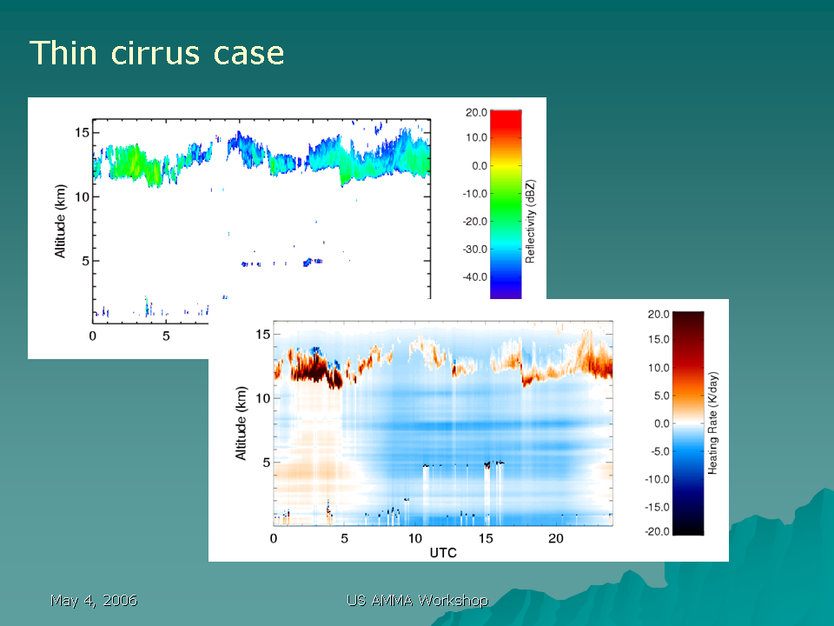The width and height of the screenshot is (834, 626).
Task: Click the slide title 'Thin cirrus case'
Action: [x=157, y=53]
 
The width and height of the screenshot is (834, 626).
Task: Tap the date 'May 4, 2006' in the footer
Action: [x=94, y=601]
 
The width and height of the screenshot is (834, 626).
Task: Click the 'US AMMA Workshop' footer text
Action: [x=418, y=601]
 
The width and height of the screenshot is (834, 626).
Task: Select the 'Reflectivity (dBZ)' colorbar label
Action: [x=530, y=221]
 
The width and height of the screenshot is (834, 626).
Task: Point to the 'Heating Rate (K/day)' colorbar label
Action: [x=712, y=423]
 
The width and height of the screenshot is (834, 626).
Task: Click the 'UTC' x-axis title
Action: [x=443, y=553]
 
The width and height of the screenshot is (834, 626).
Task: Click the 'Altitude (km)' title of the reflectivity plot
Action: [x=60, y=221]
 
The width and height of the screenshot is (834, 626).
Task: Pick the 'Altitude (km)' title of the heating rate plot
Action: [x=241, y=423]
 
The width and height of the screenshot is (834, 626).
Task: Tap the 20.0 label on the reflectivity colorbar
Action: [x=476, y=112]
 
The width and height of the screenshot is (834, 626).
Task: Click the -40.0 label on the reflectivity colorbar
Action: [x=474, y=276]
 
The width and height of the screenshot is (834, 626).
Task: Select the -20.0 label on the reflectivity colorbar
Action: [x=474, y=222]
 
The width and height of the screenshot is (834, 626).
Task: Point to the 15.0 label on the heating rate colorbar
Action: [x=658, y=339]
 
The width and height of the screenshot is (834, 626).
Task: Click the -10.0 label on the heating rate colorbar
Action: [x=657, y=479]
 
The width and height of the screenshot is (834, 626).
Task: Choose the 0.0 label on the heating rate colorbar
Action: [x=661, y=423]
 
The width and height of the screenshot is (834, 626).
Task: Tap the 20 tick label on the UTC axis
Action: [x=556, y=539]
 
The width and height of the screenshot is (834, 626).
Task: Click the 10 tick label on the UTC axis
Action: [x=415, y=539]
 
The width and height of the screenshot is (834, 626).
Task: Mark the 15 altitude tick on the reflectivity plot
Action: [x=82, y=132]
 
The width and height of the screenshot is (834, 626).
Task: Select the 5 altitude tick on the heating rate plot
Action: [x=267, y=463]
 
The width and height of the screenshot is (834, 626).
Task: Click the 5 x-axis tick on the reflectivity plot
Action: [x=166, y=336]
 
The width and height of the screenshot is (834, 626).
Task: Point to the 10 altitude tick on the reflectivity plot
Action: [x=82, y=197]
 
